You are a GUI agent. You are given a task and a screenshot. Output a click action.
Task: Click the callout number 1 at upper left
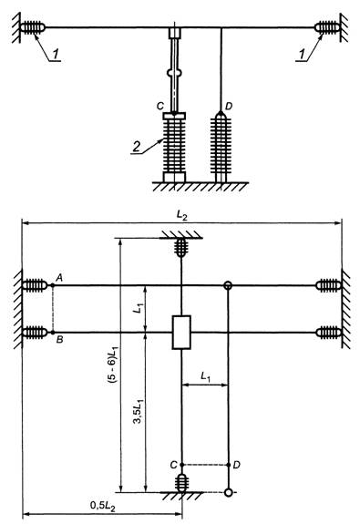[57, 55]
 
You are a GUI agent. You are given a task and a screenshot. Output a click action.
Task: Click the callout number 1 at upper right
[303, 55]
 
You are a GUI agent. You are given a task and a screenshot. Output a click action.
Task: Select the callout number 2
[136, 147]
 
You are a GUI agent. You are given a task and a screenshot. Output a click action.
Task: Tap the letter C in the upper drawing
[159, 106]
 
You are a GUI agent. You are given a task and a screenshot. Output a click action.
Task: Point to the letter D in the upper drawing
[229, 106]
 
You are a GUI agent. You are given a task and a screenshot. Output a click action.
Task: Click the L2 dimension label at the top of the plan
[181, 215]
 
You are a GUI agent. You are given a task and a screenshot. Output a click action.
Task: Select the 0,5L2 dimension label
[103, 505]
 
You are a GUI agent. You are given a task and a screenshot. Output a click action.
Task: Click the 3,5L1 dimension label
[139, 410]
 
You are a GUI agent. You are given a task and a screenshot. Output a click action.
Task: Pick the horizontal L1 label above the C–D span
[205, 376]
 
